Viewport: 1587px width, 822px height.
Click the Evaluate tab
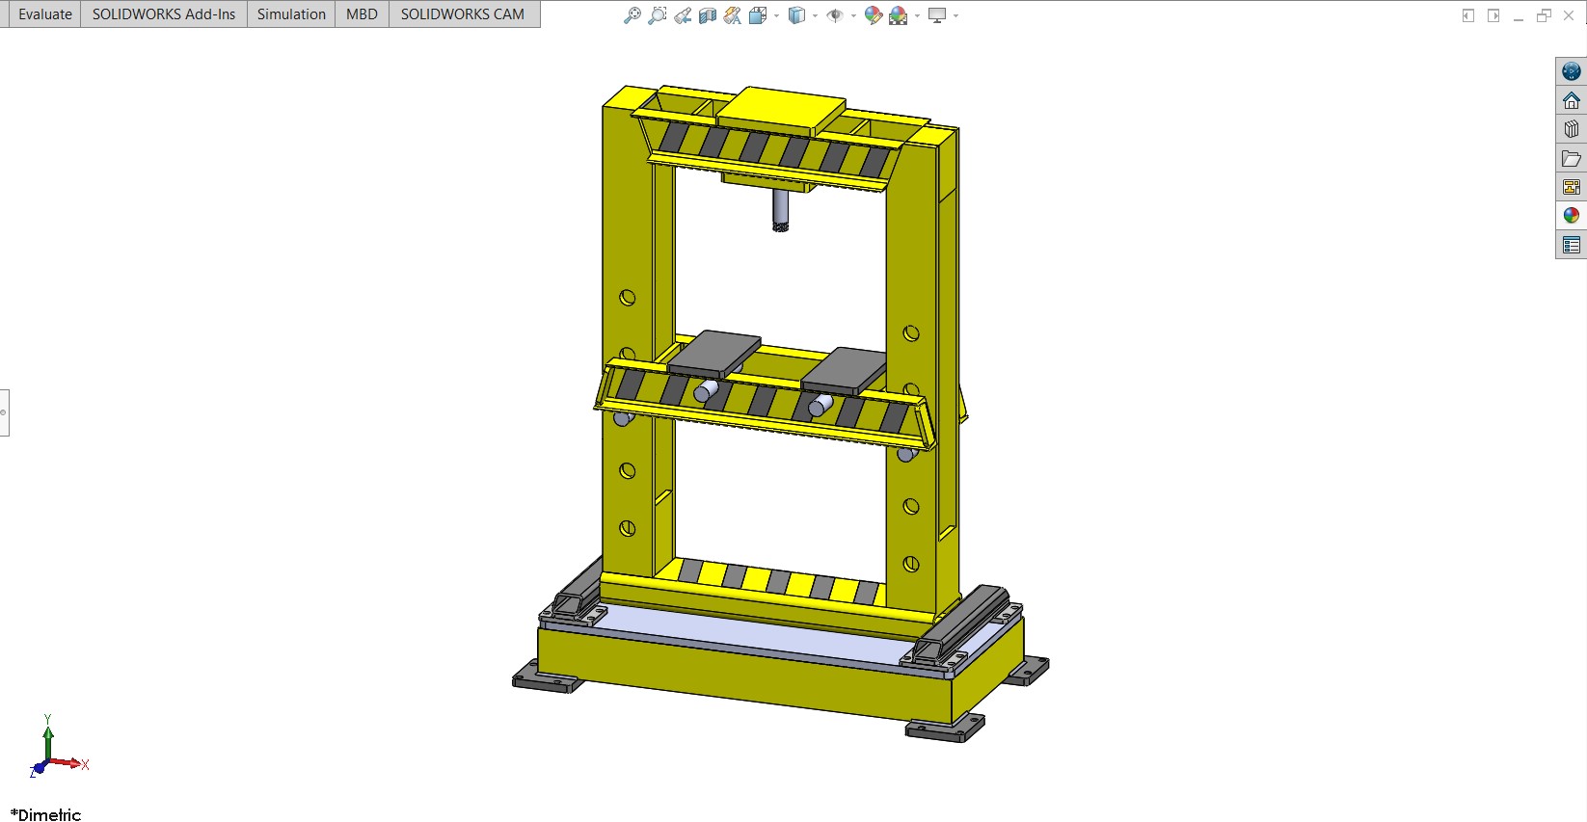pyautogui.click(x=44, y=14)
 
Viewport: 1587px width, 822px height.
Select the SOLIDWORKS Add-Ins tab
pyautogui.click(x=163, y=14)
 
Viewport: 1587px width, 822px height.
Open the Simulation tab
pyautogui.click(x=291, y=14)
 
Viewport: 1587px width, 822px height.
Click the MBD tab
pyautogui.click(x=362, y=14)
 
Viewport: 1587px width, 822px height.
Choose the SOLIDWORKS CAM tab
pyautogui.click(x=462, y=14)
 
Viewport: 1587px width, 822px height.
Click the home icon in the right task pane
pyautogui.click(x=1572, y=100)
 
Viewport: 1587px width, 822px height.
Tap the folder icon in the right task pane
pyautogui.click(x=1572, y=158)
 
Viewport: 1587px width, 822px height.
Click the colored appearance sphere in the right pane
pyautogui.click(x=1572, y=216)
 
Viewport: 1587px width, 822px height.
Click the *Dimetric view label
pyautogui.click(x=46, y=814)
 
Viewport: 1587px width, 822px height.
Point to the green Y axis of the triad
pyautogui.click(x=48, y=737)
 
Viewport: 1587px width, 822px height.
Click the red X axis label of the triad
pyautogui.click(x=85, y=765)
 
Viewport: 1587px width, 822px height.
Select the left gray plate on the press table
pyautogui.click(x=714, y=353)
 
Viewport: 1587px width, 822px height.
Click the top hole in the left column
pyautogui.click(x=628, y=298)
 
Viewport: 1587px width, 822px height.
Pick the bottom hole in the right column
pyautogui.click(x=910, y=565)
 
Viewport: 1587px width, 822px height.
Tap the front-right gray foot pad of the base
pyautogui.click(x=943, y=730)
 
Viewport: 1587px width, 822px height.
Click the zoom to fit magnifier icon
pyautogui.click(x=632, y=15)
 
